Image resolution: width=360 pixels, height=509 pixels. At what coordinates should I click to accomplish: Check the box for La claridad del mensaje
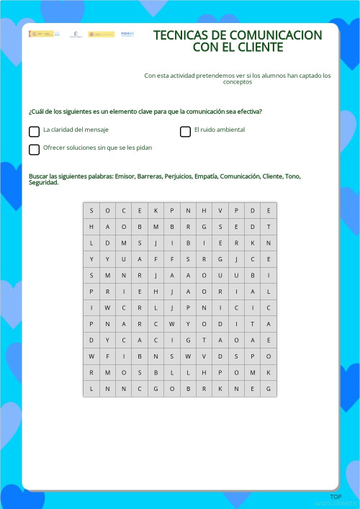point(34,132)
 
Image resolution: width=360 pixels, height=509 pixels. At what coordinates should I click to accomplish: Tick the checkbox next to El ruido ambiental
point(185,132)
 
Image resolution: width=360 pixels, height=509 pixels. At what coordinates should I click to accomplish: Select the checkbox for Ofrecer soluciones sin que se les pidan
point(34,150)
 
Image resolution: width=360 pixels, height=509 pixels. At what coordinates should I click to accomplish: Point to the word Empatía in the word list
point(204,176)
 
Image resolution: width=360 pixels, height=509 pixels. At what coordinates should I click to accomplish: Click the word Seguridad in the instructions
point(42,183)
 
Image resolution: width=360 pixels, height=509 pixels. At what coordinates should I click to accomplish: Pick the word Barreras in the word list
point(149,176)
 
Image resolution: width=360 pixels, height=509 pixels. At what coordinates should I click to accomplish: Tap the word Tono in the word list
point(292,176)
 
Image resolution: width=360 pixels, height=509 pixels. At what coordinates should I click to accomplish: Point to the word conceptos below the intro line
point(238,82)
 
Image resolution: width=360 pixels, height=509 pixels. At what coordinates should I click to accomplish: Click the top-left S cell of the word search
point(91,210)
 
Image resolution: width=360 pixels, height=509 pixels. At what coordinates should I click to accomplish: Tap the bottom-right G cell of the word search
point(269,389)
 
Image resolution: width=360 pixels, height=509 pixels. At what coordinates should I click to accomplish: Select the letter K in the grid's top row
point(156,210)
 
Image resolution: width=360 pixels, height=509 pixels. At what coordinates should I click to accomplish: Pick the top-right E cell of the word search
point(269,210)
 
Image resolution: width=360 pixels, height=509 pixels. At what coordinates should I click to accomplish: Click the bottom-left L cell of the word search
point(91,389)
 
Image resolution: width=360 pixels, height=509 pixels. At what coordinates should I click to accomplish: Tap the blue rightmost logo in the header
point(127,34)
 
